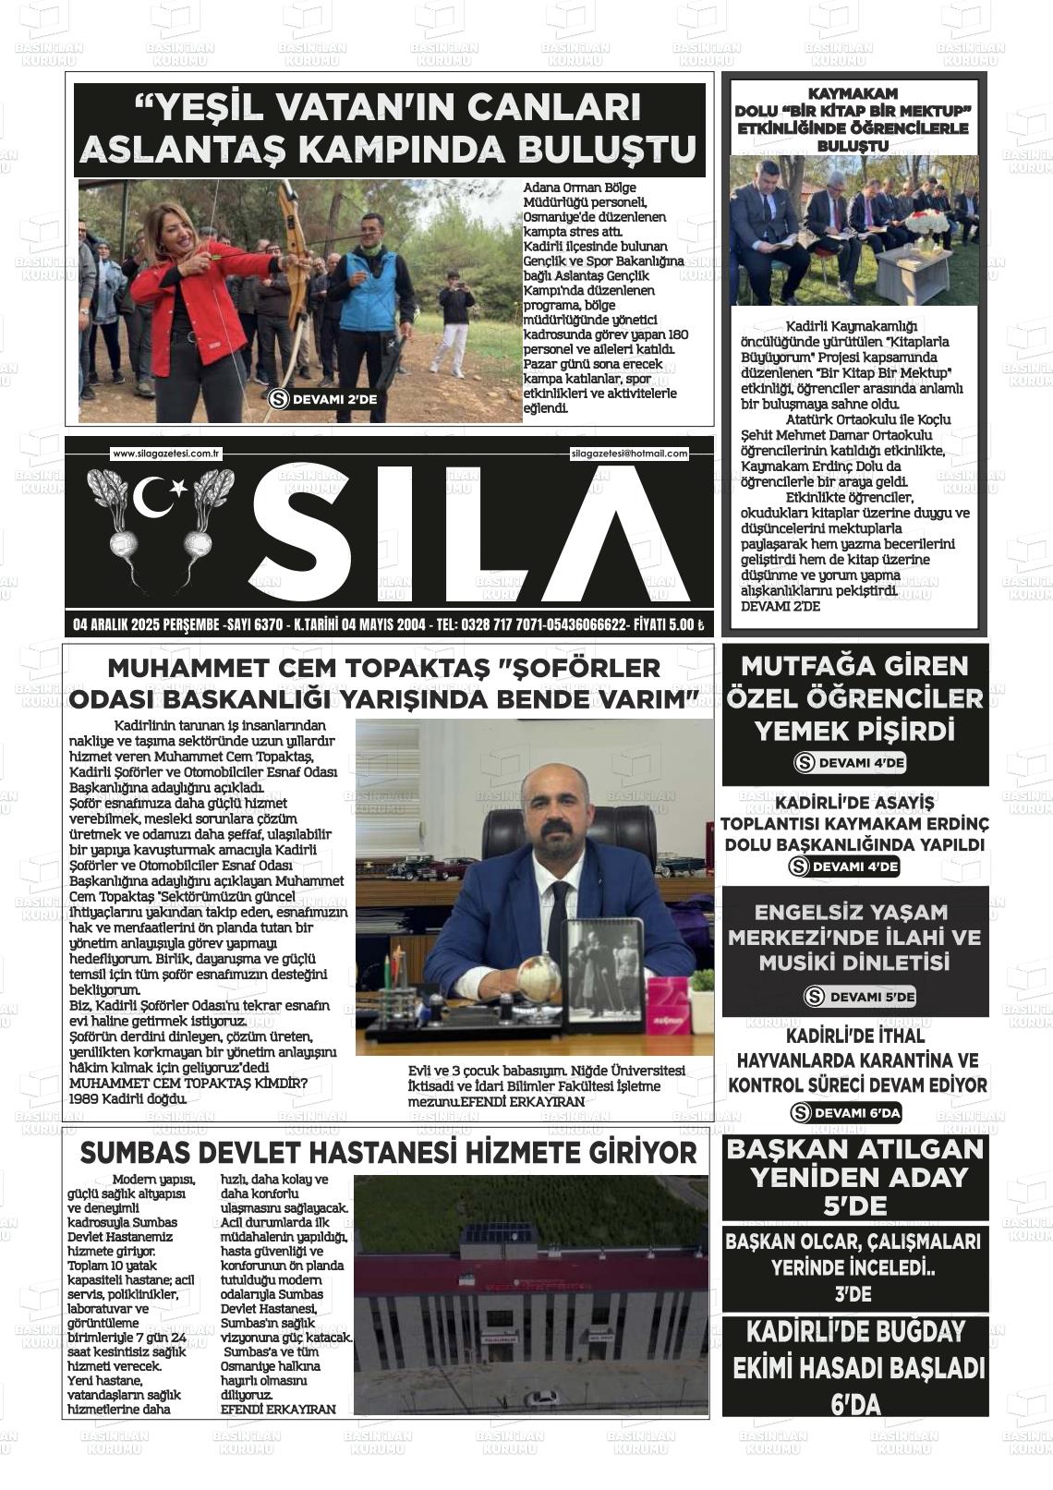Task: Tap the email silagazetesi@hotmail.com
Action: (629, 454)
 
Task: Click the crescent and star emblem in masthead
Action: (158, 498)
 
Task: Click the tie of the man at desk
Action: (560, 924)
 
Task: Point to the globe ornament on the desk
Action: (539, 979)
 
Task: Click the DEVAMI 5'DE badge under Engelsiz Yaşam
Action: (859, 997)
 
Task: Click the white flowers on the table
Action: (926, 223)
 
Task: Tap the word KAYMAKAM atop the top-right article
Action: (852, 94)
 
